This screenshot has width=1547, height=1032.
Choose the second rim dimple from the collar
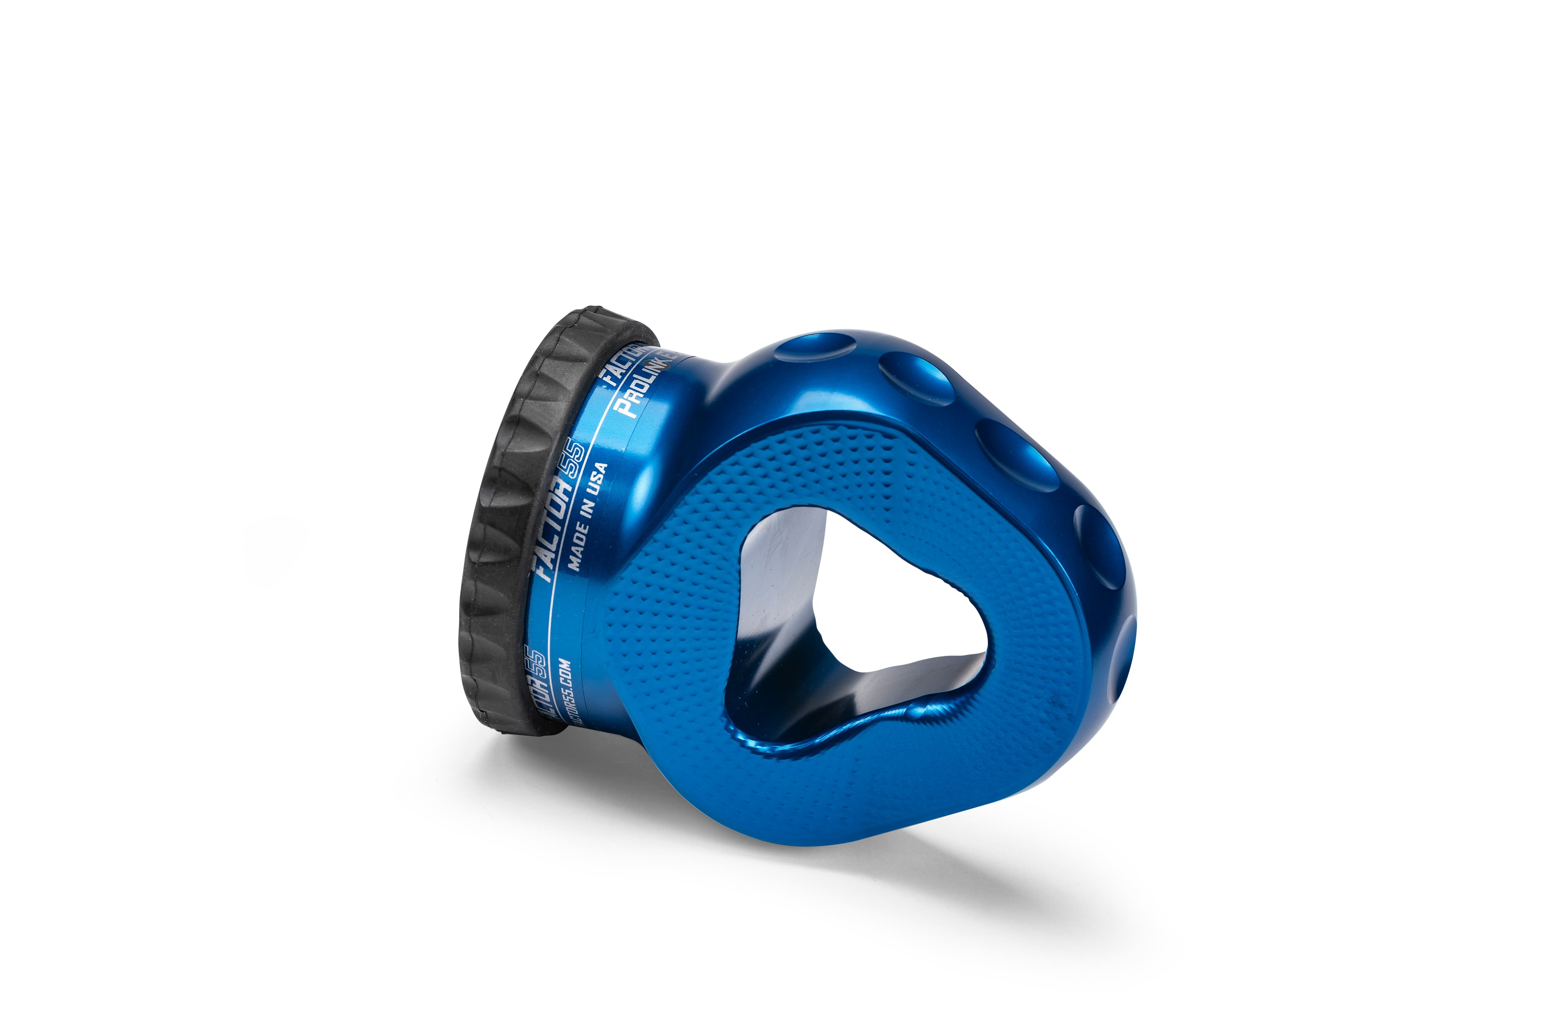click(x=916, y=378)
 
